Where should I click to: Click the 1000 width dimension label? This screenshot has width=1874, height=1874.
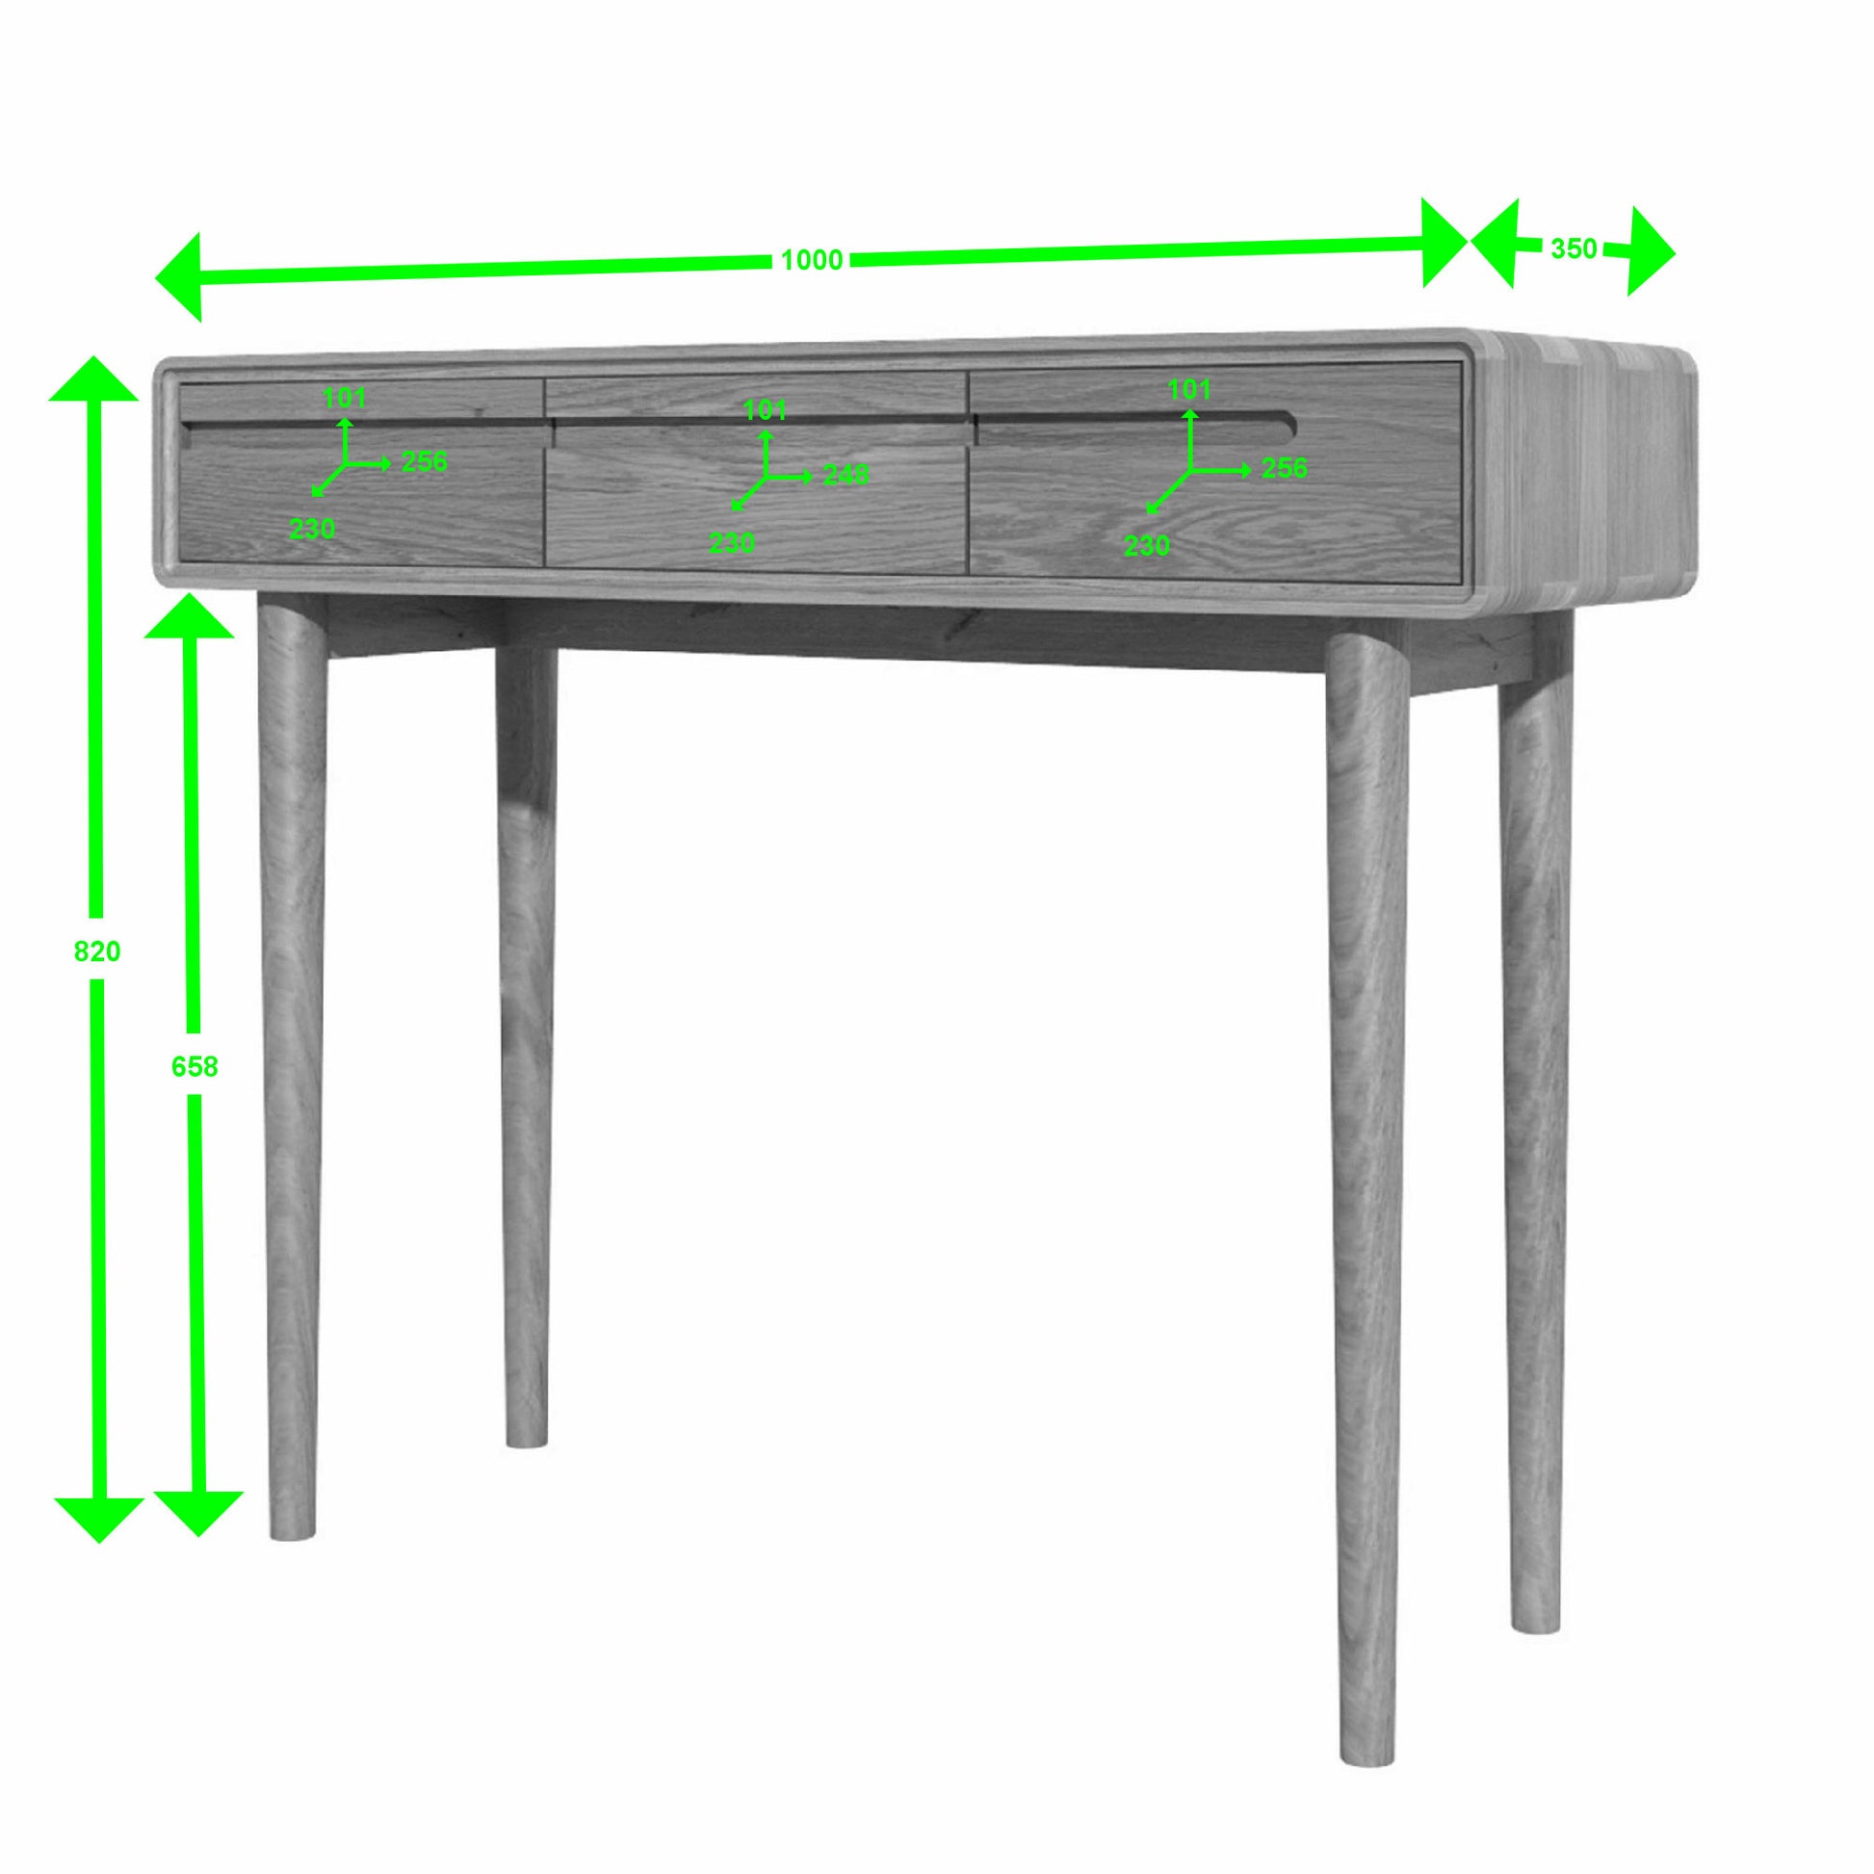tap(812, 260)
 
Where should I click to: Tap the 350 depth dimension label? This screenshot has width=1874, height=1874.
tap(1574, 249)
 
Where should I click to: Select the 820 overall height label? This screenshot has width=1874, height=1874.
tap(97, 951)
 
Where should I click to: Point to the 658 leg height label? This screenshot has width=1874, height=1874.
tap(194, 1067)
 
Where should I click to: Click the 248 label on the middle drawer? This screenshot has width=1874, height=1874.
tap(846, 475)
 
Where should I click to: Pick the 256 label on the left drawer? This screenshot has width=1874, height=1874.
tap(425, 460)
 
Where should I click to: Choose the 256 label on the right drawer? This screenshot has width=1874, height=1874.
tap(1285, 467)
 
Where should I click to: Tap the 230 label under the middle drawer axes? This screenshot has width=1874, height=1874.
tap(731, 543)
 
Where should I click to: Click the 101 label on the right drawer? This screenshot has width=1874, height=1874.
tap(1189, 389)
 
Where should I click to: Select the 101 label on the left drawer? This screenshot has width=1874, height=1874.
tap(345, 398)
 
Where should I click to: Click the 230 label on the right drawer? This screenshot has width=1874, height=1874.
tap(1147, 546)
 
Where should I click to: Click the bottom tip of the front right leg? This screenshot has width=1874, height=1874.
tap(1367, 1757)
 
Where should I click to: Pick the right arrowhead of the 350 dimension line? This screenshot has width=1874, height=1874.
tap(1651, 251)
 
